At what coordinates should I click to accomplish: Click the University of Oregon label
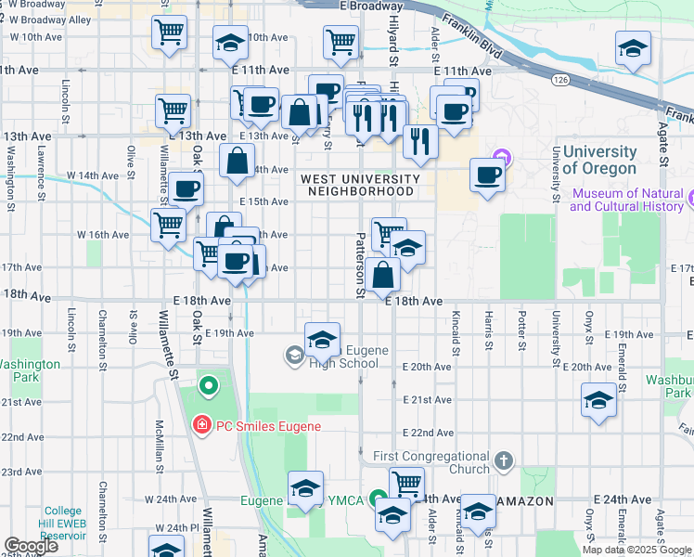[x=599, y=160]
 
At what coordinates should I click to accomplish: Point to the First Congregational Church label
[x=431, y=462]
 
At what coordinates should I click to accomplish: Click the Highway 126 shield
[x=560, y=81]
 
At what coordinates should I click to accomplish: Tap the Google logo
[x=31, y=546]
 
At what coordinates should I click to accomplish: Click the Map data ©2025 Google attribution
[x=636, y=549]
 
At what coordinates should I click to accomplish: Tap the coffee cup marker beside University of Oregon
[x=487, y=175]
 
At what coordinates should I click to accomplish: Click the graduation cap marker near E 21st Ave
[x=598, y=401]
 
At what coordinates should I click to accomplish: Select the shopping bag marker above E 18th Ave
[x=383, y=275]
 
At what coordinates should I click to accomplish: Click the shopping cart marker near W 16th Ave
[x=168, y=226]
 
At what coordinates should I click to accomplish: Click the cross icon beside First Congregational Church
[x=503, y=460]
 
